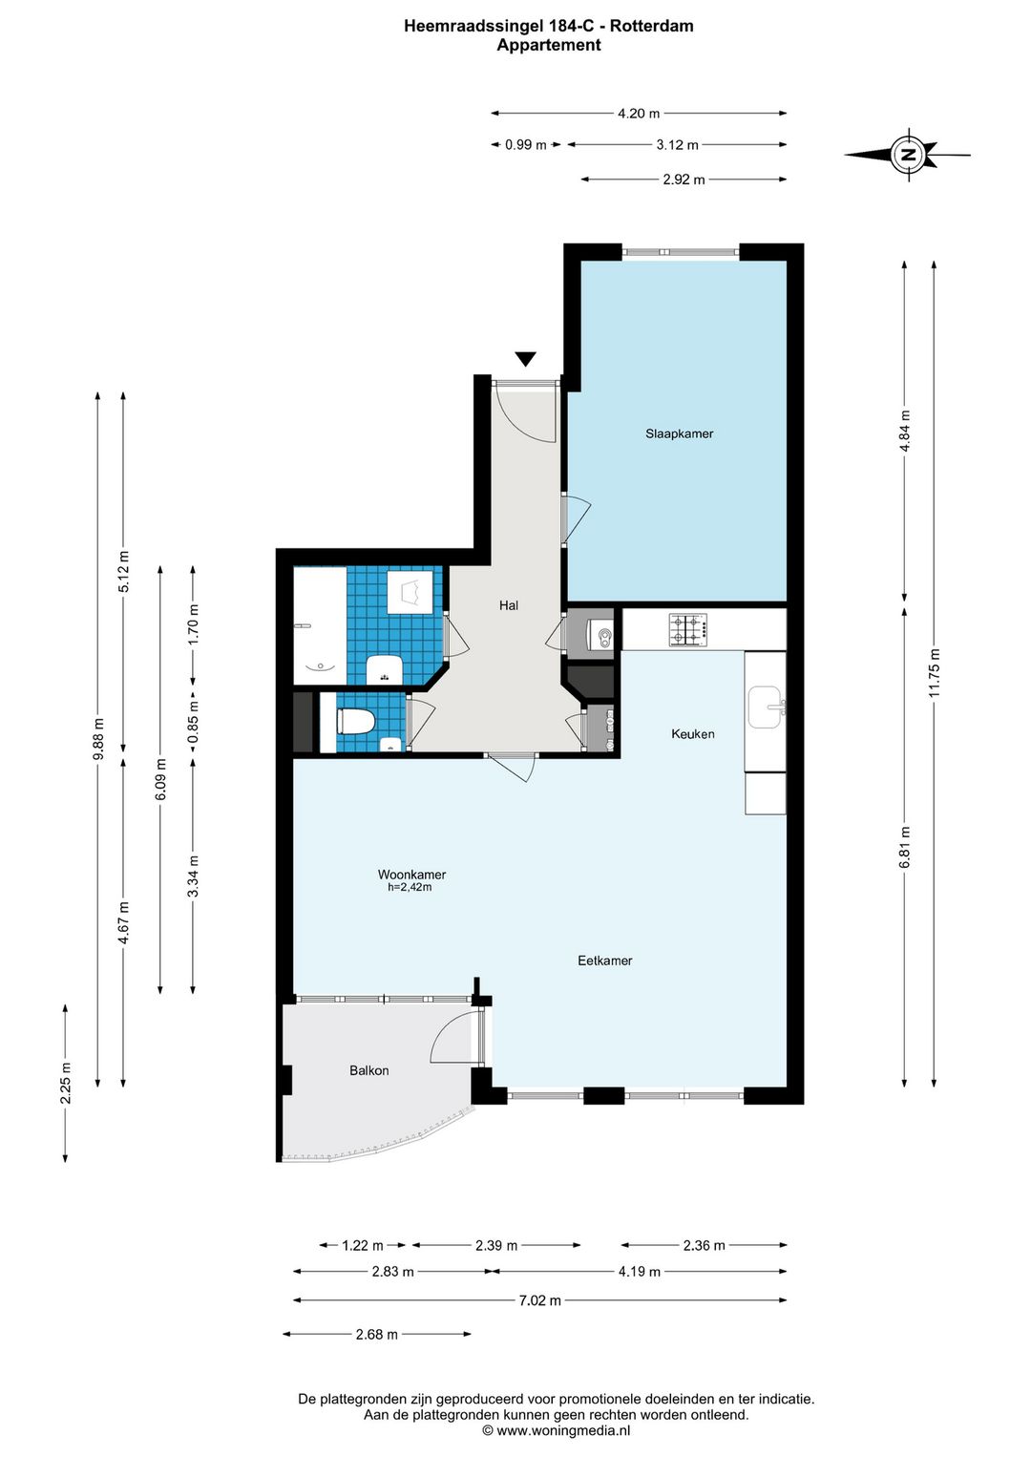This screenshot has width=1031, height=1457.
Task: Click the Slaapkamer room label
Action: (679, 433)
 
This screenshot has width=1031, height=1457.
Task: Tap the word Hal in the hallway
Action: (509, 605)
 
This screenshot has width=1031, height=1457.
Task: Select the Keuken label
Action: (693, 733)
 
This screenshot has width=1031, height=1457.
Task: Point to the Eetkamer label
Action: (605, 961)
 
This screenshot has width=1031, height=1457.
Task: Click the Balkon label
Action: (368, 1070)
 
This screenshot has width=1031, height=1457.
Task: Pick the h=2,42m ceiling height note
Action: (410, 887)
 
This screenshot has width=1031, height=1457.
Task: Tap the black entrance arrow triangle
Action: (526, 359)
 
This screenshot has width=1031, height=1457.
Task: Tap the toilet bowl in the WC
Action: (356, 722)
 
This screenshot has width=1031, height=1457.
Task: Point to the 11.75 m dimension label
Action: (935, 672)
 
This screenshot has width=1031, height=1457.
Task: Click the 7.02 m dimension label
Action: (539, 1300)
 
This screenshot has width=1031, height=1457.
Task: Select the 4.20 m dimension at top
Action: (639, 114)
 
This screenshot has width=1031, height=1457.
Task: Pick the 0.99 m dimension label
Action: (526, 145)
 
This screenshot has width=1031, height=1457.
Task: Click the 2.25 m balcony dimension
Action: (66, 1083)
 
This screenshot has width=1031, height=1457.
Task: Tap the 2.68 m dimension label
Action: (377, 1334)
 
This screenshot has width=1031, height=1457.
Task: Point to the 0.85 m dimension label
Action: (193, 722)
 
